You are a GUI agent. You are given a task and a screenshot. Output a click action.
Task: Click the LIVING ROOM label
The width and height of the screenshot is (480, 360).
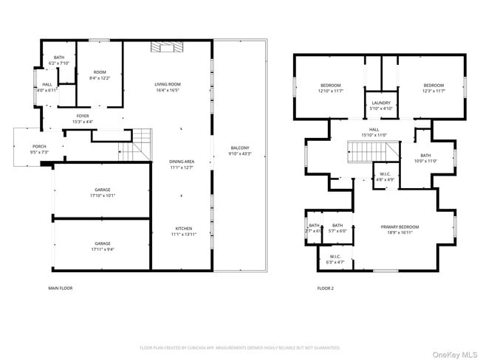[167, 84]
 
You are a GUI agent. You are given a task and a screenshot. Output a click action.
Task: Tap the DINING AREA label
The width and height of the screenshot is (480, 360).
[182, 161]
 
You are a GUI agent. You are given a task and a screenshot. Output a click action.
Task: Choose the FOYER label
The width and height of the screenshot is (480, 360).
[84, 116]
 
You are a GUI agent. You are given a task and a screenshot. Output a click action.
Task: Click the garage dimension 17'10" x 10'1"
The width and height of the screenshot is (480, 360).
[102, 195]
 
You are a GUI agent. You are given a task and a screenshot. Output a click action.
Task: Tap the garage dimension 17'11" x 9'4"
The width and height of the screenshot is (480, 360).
[102, 249]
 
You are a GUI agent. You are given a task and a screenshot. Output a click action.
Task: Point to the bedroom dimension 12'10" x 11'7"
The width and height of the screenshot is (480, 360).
[330, 91]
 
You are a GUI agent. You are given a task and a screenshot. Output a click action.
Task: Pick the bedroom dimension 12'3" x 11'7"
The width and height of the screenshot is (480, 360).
[433, 91]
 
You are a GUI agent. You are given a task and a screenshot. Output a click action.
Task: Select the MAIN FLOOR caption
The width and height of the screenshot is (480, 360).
[61, 288]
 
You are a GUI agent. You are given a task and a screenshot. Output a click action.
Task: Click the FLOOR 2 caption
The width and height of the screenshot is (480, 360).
[325, 288]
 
